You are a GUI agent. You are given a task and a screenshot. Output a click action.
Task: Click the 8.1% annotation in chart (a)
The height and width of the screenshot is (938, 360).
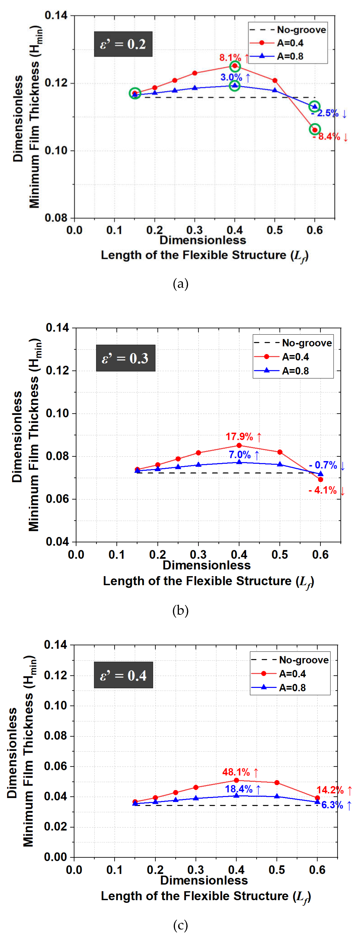tap(230, 57)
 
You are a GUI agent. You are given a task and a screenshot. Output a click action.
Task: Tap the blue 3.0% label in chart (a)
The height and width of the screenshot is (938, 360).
tap(231, 77)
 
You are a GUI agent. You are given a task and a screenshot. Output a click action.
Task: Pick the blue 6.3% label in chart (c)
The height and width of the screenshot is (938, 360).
tap(332, 805)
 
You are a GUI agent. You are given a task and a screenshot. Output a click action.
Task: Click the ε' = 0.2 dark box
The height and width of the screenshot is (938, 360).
tap(123, 44)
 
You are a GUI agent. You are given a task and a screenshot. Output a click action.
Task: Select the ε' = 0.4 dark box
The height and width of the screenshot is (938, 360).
tap(123, 675)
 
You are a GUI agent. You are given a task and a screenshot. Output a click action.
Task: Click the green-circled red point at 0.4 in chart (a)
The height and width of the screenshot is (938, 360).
tap(235, 66)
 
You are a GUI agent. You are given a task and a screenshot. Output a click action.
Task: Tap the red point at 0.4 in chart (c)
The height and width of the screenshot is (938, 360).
tap(236, 780)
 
